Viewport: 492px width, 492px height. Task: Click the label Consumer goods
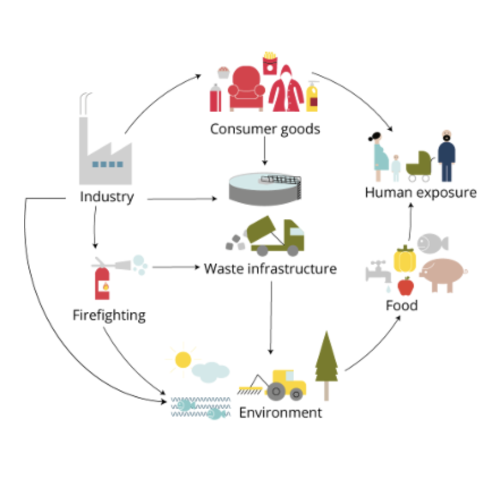click(265, 129)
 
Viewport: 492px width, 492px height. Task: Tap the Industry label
click(107, 197)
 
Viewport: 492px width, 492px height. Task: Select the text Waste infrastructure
click(270, 268)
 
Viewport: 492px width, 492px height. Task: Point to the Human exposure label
click(421, 192)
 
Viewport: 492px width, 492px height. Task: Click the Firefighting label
click(109, 315)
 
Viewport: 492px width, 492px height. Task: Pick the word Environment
click(280, 412)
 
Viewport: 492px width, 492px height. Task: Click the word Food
click(401, 306)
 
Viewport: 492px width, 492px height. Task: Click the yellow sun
click(183, 359)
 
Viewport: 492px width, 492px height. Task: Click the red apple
click(405, 286)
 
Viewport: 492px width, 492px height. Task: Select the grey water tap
click(376, 272)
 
